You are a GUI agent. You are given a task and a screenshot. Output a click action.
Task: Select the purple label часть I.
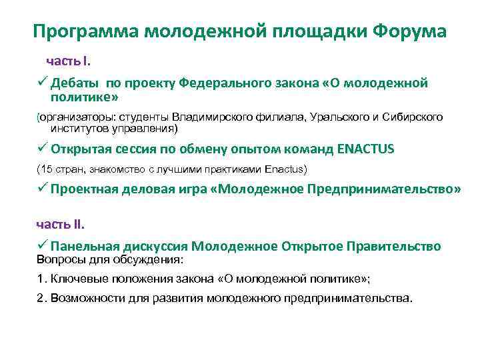click(68, 61)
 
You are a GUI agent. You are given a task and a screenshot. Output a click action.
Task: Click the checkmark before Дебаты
click(41, 83)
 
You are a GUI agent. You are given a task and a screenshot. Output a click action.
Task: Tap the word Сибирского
click(414, 117)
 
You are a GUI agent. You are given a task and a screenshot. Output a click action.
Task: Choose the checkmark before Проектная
click(41, 189)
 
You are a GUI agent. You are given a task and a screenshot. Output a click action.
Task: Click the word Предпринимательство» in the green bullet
click(385, 189)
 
